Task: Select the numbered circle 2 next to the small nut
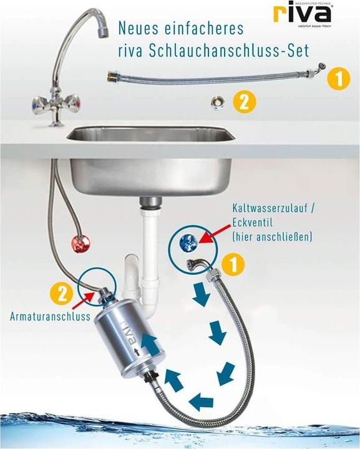coord(245,102)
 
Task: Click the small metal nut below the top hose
coord(218,101)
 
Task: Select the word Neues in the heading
coord(138,28)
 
